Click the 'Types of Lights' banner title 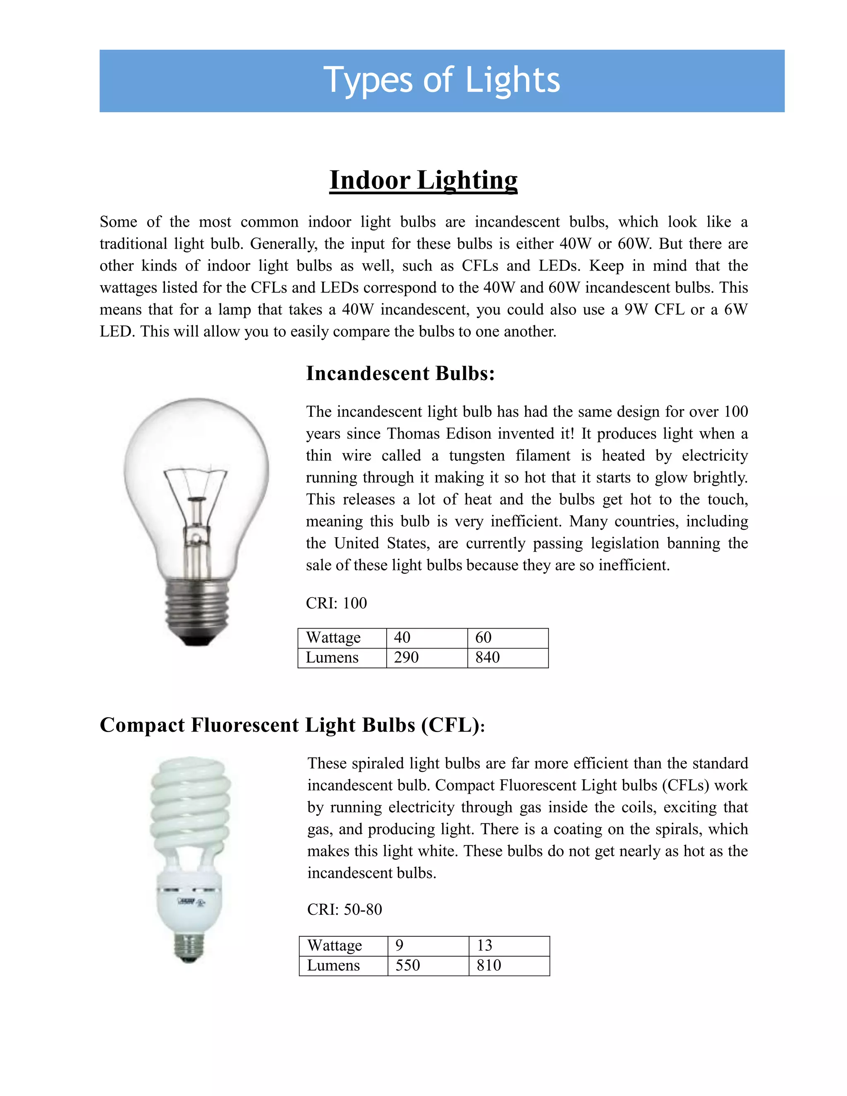click(x=442, y=80)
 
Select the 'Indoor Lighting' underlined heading click(x=423, y=180)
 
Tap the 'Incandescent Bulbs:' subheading click(x=400, y=373)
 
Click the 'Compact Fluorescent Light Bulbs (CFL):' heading click(x=292, y=725)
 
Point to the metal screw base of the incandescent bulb click(x=197, y=610)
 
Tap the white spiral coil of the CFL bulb click(x=191, y=803)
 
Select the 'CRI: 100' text click(x=336, y=603)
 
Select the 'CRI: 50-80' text click(x=344, y=909)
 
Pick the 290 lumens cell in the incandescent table click(x=406, y=658)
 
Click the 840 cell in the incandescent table click(x=487, y=658)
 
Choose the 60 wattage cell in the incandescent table click(x=483, y=637)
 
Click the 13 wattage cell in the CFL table click(x=484, y=945)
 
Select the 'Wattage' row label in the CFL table click(x=334, y=945)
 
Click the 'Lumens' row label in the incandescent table click(x=332, y=658)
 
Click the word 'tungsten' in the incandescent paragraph click(x=477, y=456)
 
